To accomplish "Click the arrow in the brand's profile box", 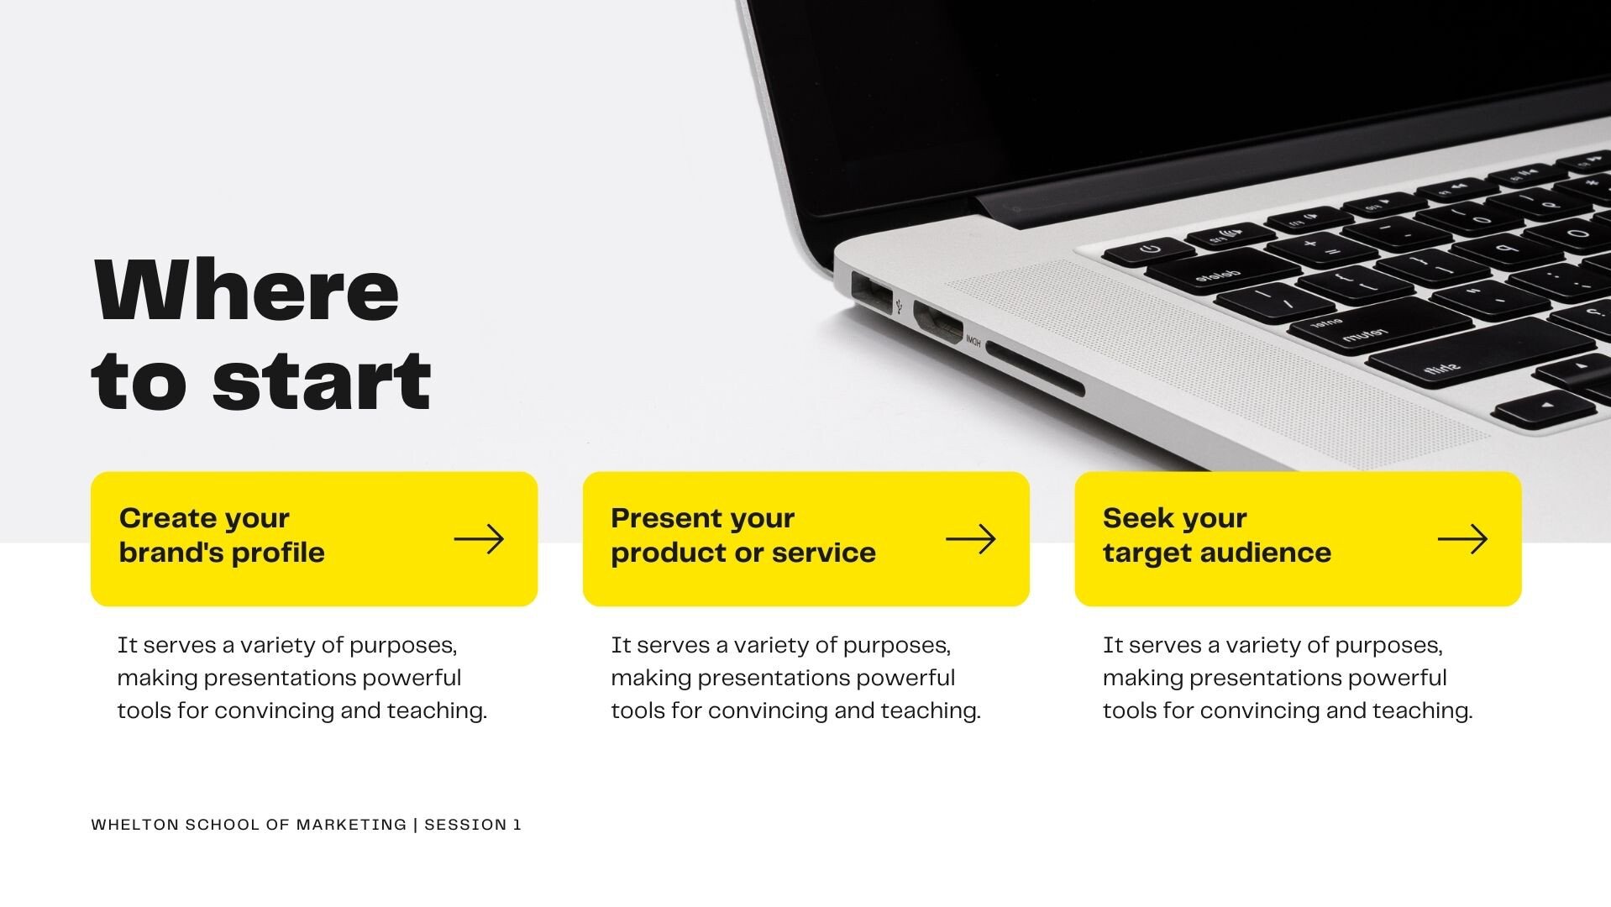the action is [479, 539].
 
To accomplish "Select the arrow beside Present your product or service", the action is [971, 539].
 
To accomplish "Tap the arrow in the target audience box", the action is [1462, 539].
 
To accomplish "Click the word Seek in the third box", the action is [1132, 518].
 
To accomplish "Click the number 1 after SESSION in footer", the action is [517, 825].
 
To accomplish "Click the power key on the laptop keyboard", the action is [1149, 250].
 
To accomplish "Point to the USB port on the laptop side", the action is [872, 294].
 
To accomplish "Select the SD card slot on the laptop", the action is [1034, 369].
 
